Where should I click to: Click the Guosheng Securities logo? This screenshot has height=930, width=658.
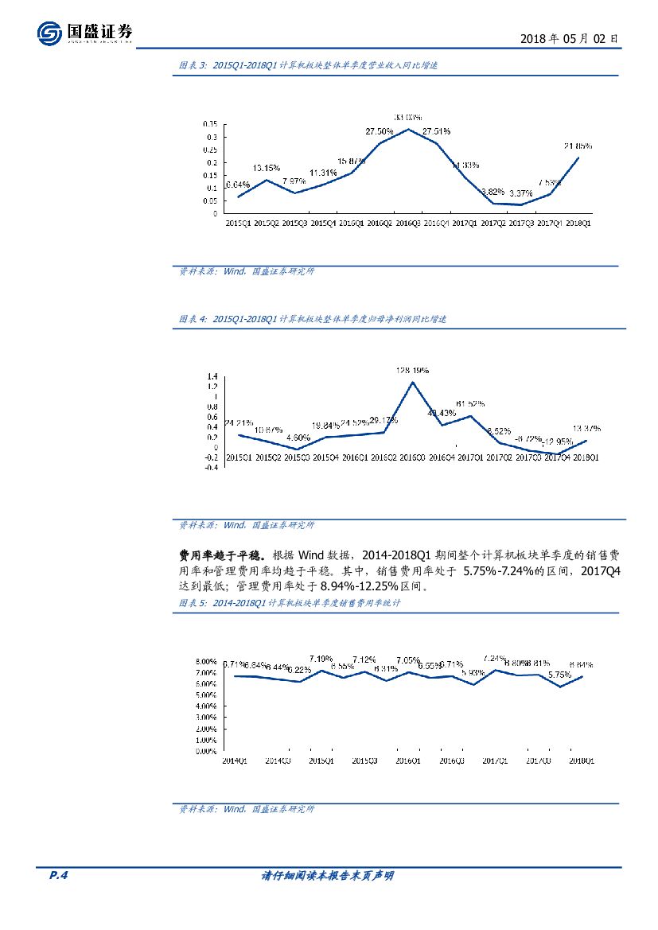click(x=85, y=33)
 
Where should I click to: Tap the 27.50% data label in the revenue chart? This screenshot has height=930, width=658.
click(x=380, y=131)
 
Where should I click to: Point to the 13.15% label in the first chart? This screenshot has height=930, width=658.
click(x=267, y=168)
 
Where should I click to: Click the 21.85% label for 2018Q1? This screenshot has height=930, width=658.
click(x=577, y=146)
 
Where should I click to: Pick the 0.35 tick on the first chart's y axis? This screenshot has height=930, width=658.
click(x=210, y=124)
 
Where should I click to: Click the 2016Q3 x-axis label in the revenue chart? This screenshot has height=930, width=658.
click(x=407, y=224)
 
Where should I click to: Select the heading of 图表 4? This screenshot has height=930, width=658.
click(x=312, y=319)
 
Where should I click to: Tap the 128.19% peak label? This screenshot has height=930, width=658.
click(x=412, y=370)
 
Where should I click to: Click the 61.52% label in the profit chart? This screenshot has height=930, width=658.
click(x=470, y=403)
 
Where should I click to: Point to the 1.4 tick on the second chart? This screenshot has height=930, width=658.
click(x=212, y=376)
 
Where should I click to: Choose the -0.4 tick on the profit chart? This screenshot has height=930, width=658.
click(x=210, y=469)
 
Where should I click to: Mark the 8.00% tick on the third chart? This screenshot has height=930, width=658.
click(x=206, y=662)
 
